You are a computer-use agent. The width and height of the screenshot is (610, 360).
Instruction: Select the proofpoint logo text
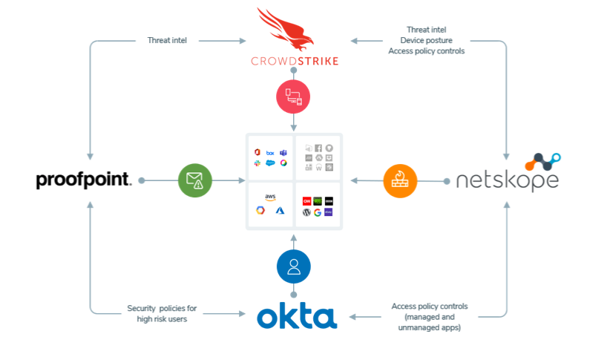pyautogui.click(x=84, y=180)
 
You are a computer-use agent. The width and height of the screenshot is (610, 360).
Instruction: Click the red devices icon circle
pyautogui.click(x=294, y=97)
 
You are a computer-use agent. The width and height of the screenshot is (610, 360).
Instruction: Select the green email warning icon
pyautogui.click(x=195, y=180)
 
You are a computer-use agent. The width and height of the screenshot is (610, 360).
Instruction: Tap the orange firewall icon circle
pyautogui.click(x=400, y=180)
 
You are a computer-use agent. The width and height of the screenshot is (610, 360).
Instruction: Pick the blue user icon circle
pyautogui.click(x=294, y=266)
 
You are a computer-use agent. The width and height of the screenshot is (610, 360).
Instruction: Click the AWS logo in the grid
pyautogui.click(x=270, y=197)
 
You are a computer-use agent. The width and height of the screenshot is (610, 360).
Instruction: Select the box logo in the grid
pyautogui.click(x=271, y=152)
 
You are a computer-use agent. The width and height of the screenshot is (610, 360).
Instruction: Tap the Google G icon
pyautogui.click(x=317, y=212)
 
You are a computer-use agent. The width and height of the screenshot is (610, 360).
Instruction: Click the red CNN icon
pyautogui.click(x=306, y=200)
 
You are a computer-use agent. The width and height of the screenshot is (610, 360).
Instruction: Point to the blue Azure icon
pyautogui.click(x=281, y=211)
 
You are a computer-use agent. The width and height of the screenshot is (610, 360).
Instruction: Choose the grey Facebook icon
pyautogui.click(x=318, y=148)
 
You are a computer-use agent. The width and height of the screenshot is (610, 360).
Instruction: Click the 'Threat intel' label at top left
pyautogui.click(x=167, y=40)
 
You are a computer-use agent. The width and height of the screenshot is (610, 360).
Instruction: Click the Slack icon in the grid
pyautogui.click(x=258, y=163)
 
